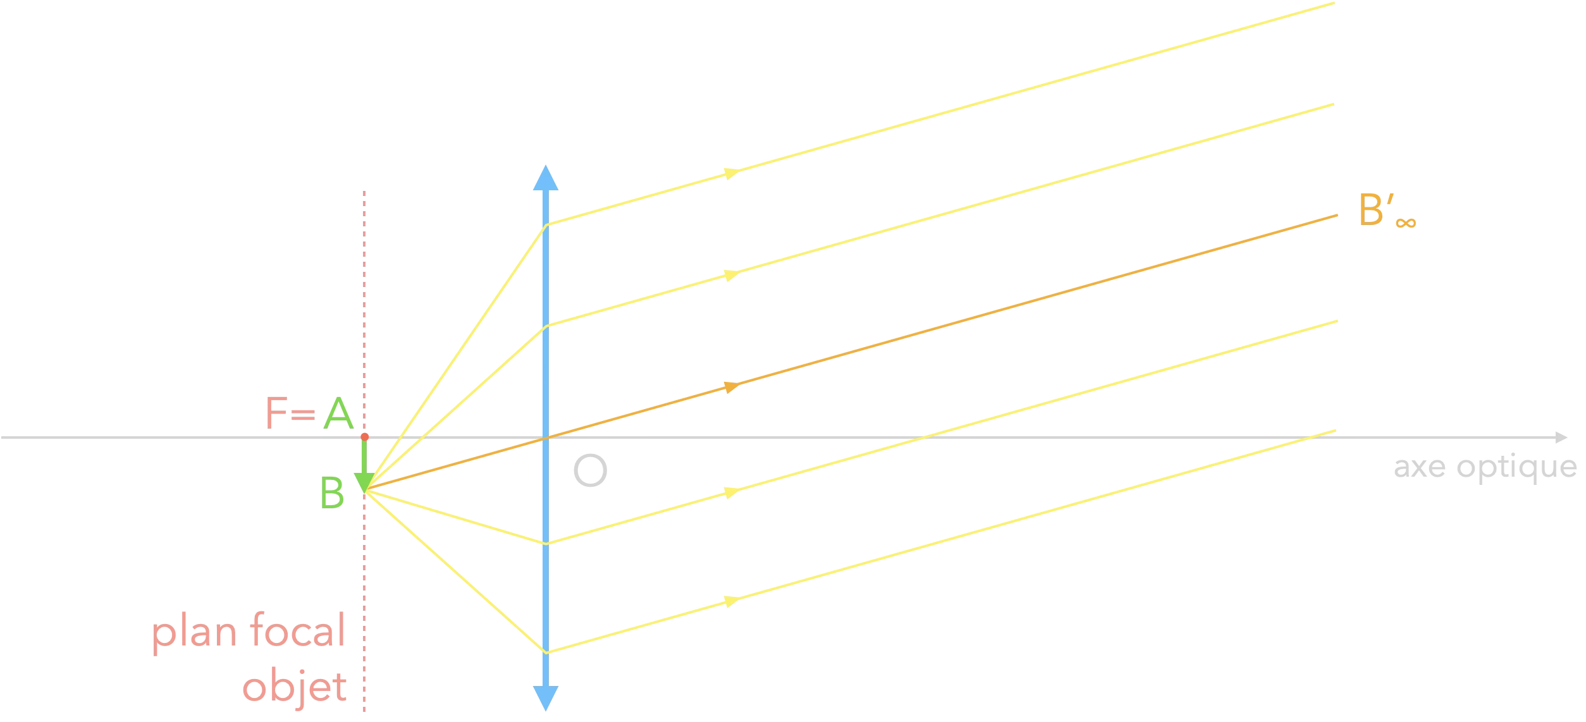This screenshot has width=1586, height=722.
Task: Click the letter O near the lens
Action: pos(590,470)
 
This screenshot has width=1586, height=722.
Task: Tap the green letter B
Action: pos(332,493)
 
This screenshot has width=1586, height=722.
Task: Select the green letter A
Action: pos(338,413)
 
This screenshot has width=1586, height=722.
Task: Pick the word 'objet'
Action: pos(295,687)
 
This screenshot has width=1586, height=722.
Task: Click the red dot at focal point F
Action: pos(364,437)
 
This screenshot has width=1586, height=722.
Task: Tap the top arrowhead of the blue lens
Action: pos(546,178)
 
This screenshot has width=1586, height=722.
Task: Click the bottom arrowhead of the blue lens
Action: pos(546,698)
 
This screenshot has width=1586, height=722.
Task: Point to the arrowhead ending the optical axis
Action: pos(1561,437)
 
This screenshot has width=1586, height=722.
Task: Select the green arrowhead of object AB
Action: pos(364,482)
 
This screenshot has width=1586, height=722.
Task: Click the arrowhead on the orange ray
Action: pos(732,386)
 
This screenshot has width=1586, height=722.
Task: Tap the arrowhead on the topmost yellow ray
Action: pos(732,173)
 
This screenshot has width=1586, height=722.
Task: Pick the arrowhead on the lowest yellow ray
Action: pos(732,600)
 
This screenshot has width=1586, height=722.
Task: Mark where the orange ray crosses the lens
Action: pos(546,437)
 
